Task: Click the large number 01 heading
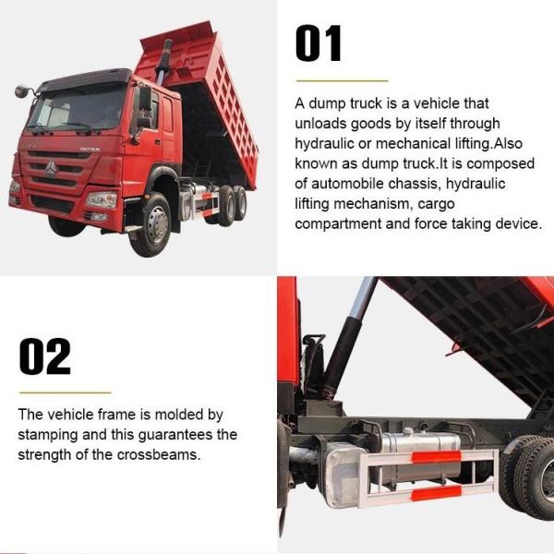pyautogui.click(x=319, y=43)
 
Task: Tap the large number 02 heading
pyautogui.click(x=44, y=357)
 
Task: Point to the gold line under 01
pyautogui.click(x=341, y=80)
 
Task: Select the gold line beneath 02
pyautogui.click(x=65, y=392)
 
